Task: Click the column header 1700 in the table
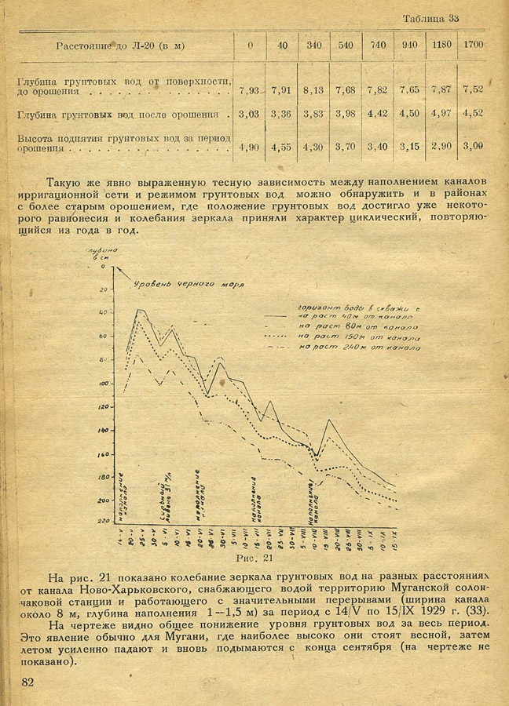[473, 45]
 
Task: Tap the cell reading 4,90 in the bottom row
[248, 146]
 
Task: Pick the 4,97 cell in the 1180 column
[441, 115]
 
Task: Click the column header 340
[313, 45]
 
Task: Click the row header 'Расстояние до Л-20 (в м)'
[120, 45]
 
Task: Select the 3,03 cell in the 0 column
[248, 115]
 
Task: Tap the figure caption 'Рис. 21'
[254, 559]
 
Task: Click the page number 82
[28, 682]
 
